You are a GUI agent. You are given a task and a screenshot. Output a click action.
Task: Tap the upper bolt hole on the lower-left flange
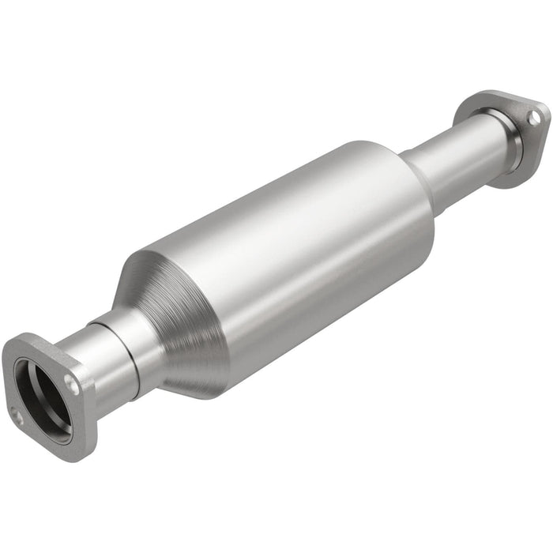[x=71, y=386]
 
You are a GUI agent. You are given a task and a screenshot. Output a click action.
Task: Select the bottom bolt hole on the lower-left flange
[x=17, y=416]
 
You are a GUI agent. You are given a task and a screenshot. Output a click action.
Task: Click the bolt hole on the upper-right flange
[x=534, y=117]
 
